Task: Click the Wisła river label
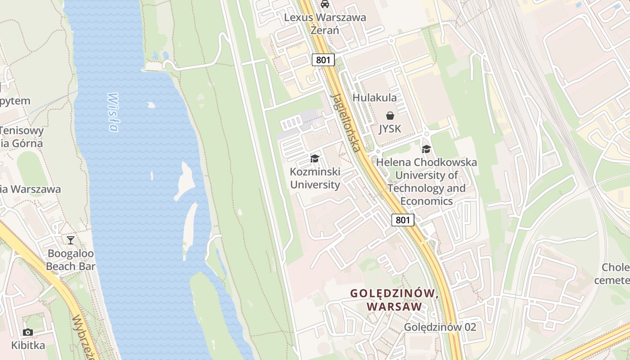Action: tap(113, 112)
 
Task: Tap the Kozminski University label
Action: tap(315, 178)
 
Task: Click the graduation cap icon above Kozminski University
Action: tap(315, 158)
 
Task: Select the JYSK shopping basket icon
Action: tap(390, 116)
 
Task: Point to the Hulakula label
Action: tap(374, 98)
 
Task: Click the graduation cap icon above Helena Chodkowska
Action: tap(426, 149)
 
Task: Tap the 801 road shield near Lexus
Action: tap(324, 60)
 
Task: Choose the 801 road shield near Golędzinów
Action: tap(403, 220)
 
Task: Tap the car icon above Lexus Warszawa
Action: tap(324, 4)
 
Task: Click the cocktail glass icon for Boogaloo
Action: tap(71, 240)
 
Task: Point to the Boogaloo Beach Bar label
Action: tap(71, 260)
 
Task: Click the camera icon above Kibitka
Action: tap(28, 333)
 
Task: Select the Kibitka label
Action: tap(28, 346)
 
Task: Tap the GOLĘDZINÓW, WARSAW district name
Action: tap(395, 300)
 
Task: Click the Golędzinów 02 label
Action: tap(440, 327)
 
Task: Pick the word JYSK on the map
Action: tap(390, 129)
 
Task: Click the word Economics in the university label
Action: tap(427, 201)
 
